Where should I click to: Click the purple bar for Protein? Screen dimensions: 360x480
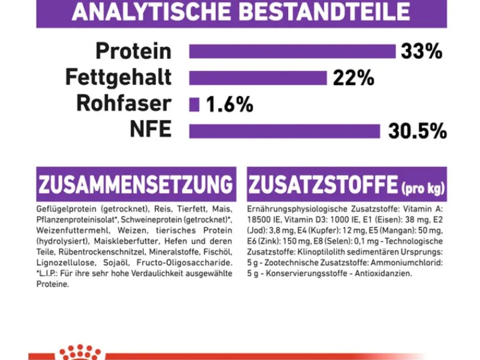pos(292,52)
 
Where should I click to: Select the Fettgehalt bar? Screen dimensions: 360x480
pos(258,77)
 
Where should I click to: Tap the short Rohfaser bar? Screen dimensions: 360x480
pos(194,104)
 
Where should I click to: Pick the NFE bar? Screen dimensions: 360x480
pos(284,131)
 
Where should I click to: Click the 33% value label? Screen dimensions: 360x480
pos(422,52)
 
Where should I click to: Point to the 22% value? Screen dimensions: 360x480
pos(354,78)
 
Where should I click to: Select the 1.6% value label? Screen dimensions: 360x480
pos(229,105)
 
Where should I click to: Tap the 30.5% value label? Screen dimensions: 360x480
pos(417,131)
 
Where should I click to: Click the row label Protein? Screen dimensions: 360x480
pos(133,52)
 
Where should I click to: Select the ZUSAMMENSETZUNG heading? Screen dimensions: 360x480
pos(135,184)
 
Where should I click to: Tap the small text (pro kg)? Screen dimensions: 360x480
pos(423,189)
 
